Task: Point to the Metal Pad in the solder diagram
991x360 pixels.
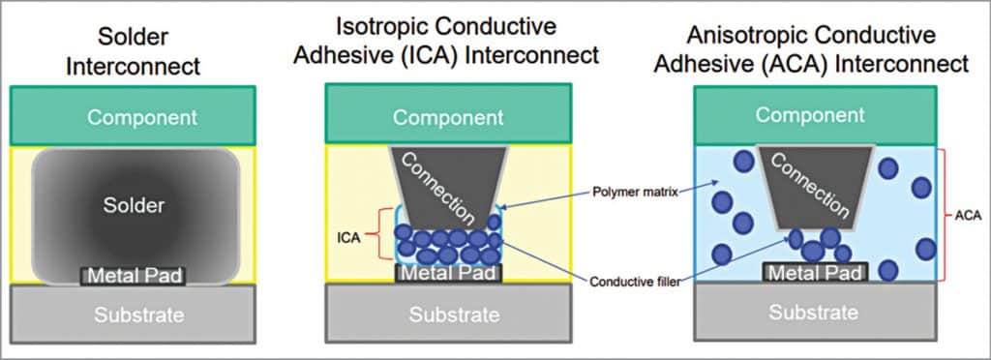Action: (133, 276)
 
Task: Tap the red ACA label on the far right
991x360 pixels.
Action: (968, 215)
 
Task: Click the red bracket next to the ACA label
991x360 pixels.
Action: (946, 215)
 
